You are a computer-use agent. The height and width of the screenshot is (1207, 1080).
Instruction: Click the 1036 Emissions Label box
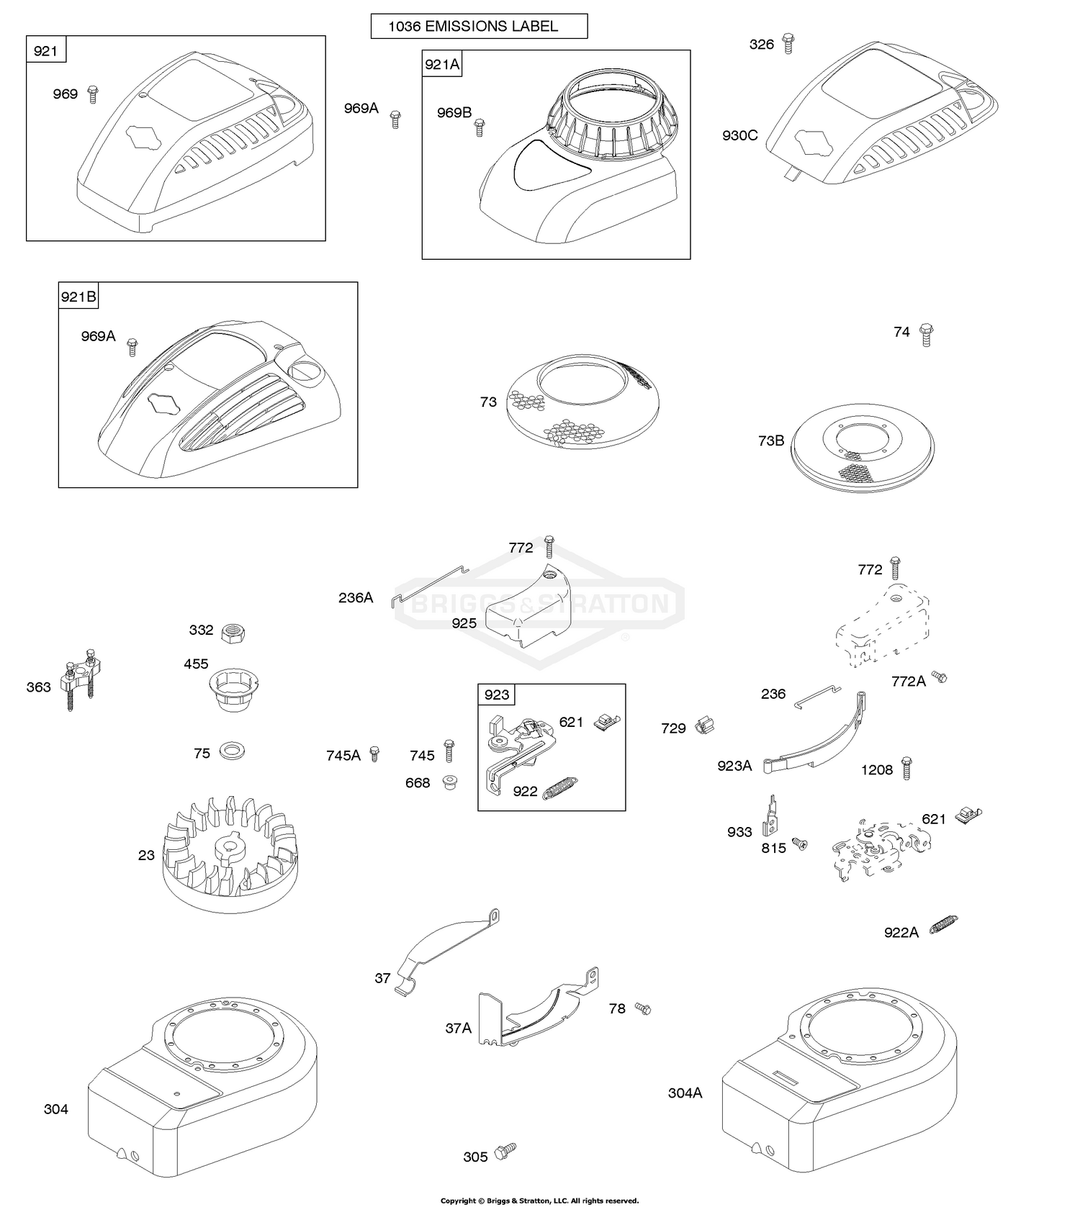tap(479, 27)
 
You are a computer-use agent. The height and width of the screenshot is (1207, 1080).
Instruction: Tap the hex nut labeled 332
tap(235, 633)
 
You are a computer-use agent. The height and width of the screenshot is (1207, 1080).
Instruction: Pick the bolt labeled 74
tap(927, 335)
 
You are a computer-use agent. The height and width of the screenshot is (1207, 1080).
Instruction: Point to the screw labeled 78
tap(642, 1010)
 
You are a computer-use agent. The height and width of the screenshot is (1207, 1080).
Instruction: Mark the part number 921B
tap(78, 297)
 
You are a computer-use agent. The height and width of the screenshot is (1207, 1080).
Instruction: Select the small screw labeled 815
tap(799, 842)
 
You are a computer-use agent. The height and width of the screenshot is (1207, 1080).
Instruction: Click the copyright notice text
tap(539, 1201)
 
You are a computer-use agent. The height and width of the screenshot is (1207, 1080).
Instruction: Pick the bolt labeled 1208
tap(907, 768)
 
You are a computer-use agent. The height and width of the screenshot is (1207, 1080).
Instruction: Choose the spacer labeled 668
tap(451, 781)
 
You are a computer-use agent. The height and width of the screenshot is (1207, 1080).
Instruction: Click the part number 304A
tap(685, 1093)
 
